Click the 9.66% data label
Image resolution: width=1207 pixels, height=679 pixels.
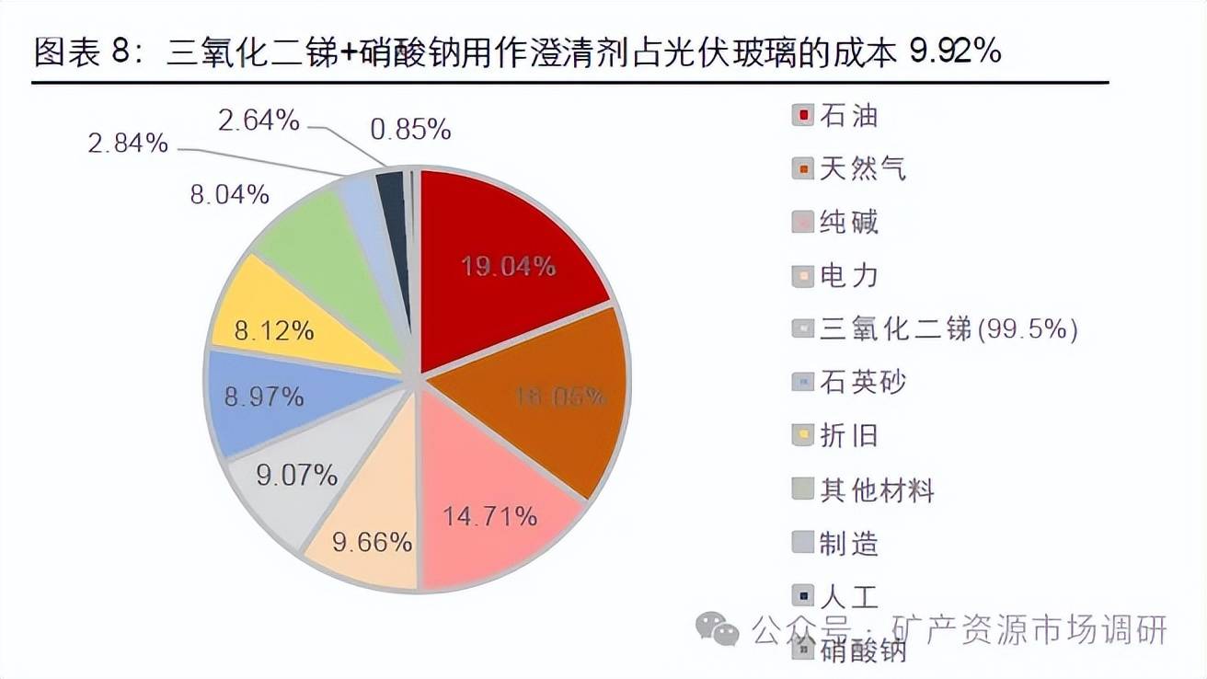(372, 542)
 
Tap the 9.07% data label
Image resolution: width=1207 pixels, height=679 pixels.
(297, 476)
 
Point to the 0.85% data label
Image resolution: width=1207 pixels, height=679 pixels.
(410, 130)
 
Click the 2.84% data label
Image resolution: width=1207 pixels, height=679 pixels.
(128, 143)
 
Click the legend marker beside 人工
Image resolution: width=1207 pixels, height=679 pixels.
(802, 596)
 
